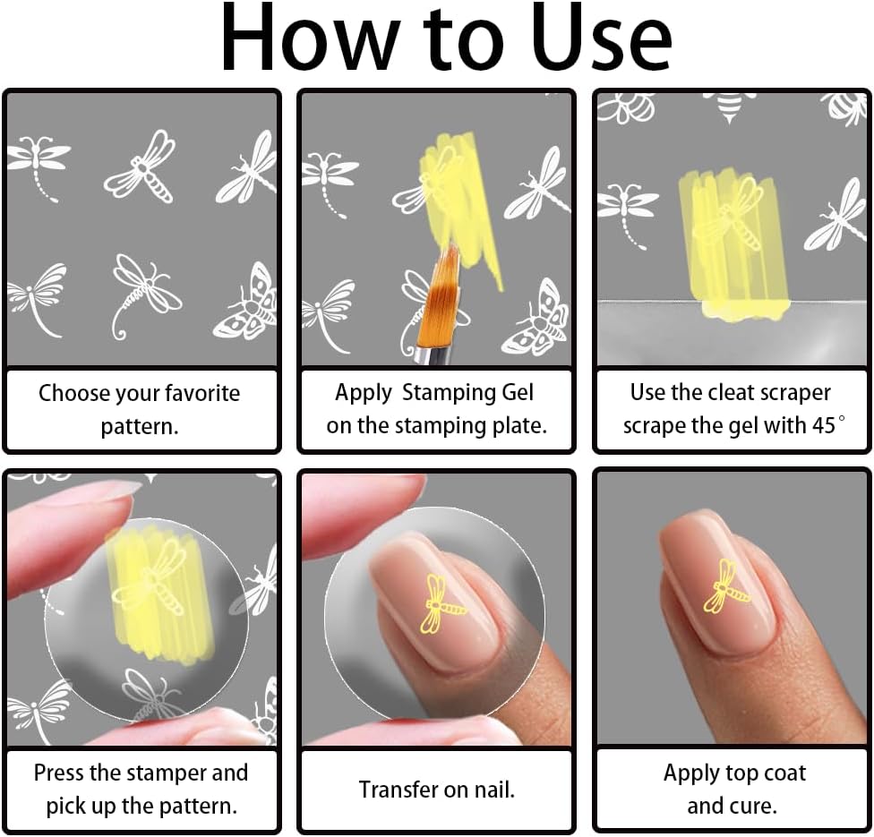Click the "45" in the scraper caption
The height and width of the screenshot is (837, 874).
coord(823,425)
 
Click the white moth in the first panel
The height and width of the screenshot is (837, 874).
coord(244,303)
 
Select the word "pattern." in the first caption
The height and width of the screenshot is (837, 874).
coord(140,427)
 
